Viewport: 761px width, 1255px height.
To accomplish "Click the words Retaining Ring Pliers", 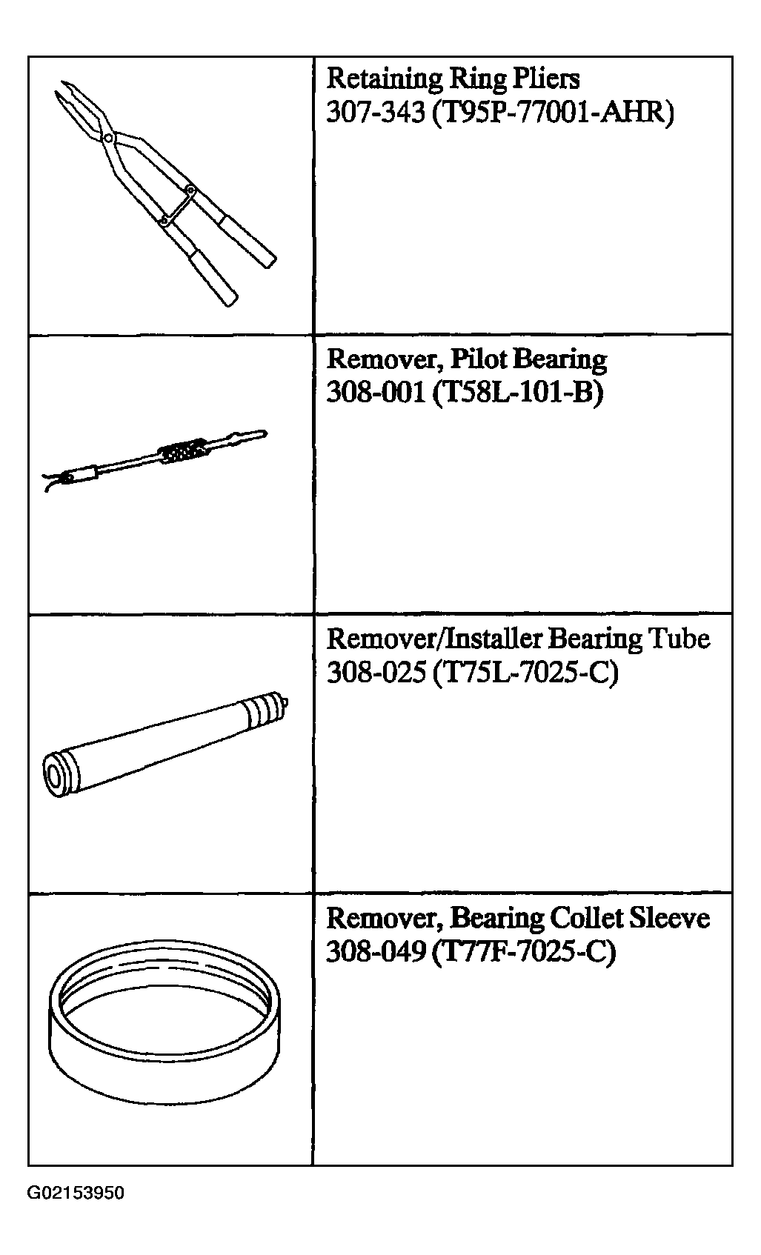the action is pos(453,78).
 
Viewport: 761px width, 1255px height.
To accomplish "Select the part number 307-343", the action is pos(376,112).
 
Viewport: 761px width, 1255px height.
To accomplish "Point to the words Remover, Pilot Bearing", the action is pos(466,359).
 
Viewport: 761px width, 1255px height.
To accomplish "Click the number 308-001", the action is pos(376,392).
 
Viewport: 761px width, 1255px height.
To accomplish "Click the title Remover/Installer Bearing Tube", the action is pos(519,639).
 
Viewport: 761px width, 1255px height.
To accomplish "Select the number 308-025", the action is pos(376,672).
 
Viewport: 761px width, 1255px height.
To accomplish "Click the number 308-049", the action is pos(376,951).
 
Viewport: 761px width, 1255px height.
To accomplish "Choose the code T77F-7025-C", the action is pos(525,951).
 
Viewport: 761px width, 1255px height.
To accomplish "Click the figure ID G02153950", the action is pos(76,1193).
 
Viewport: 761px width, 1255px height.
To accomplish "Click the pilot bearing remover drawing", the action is pos(155,461).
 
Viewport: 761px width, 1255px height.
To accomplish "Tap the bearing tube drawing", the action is pos(166,744).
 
